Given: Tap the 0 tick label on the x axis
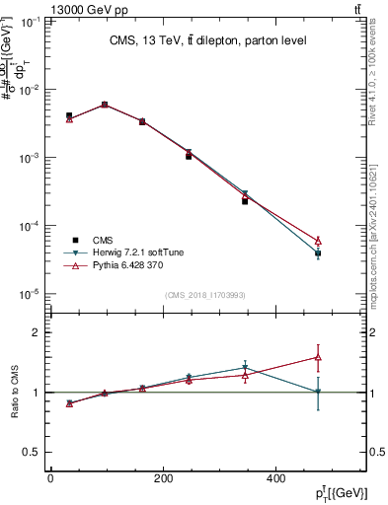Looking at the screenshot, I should (50, 477).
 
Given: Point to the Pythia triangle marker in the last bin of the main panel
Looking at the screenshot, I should (346, 240).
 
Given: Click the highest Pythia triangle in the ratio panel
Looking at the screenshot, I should (346, 357).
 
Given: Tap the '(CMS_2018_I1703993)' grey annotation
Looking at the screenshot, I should (205, 294).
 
